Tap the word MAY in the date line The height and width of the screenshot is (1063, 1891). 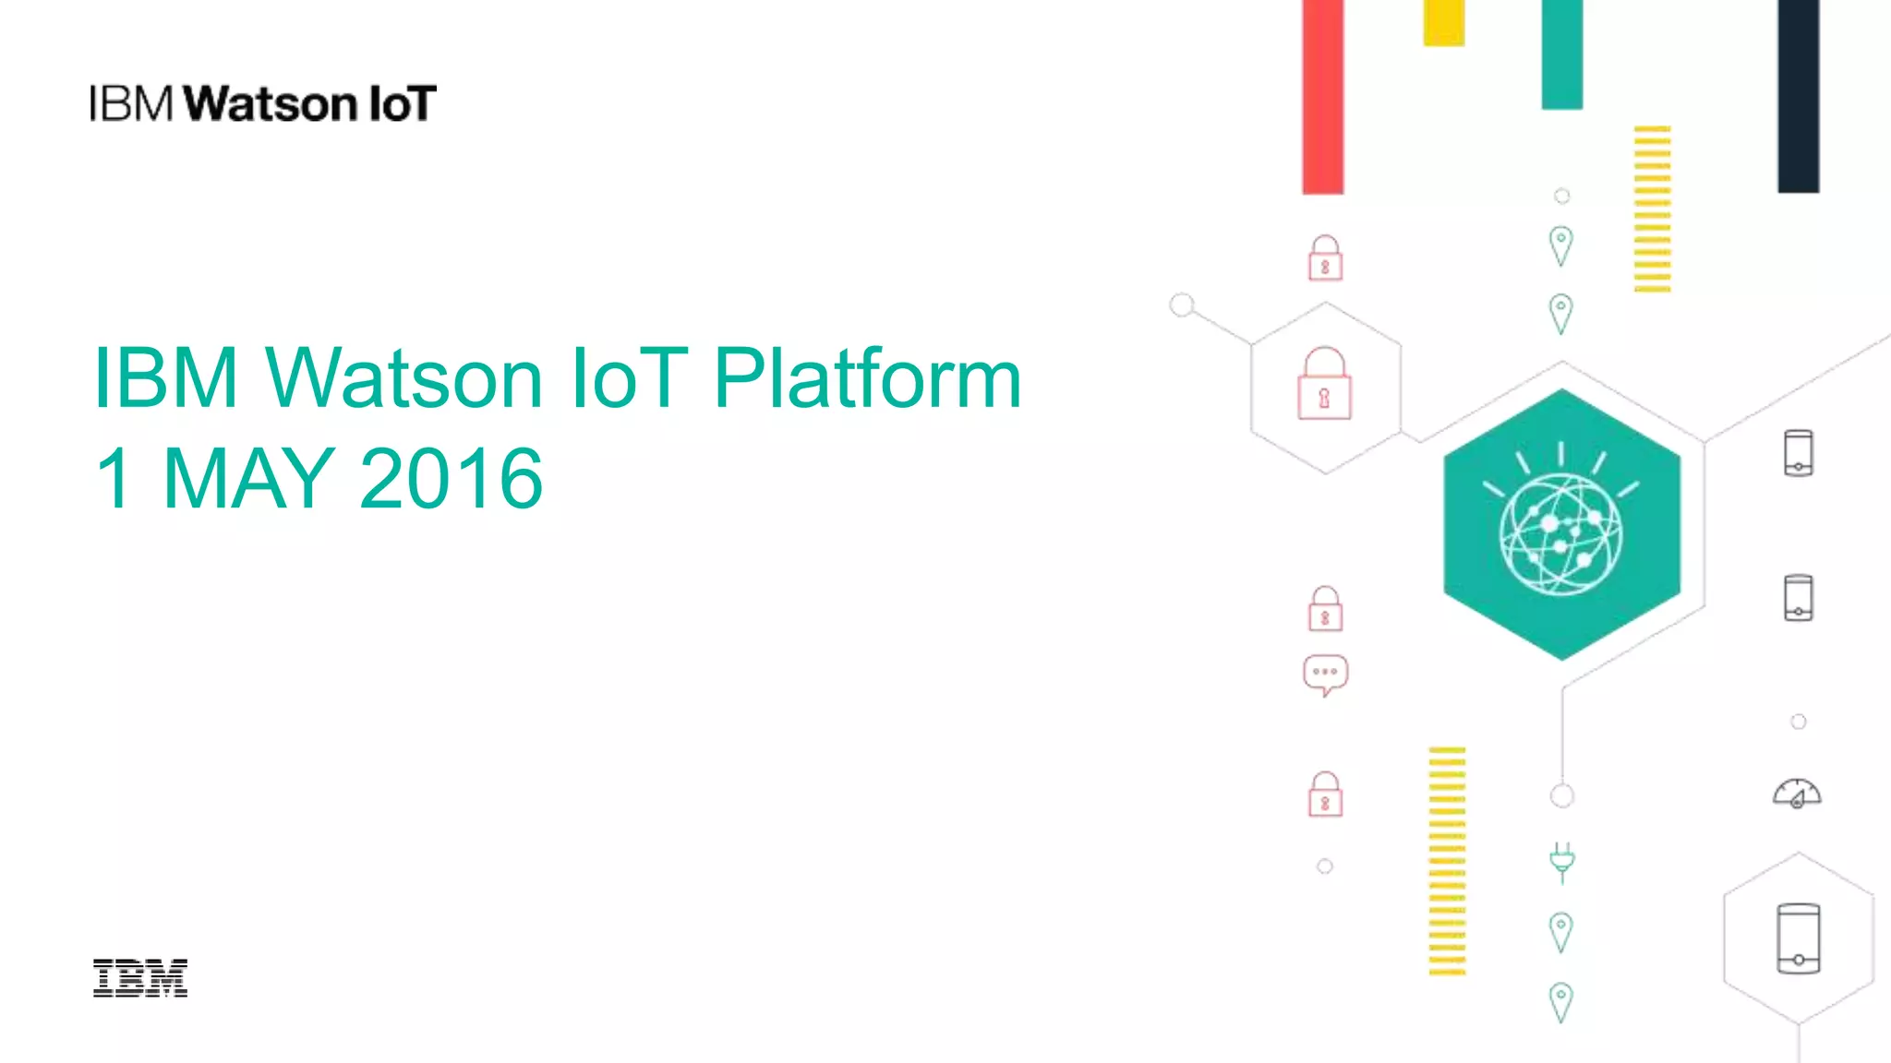pyautogui.click(x=247, y=478)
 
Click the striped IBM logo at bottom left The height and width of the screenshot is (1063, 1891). pyautogui.click(x=140, y=978)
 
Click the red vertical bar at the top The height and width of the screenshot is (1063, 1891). pyautogui.click(x=1322, y=97)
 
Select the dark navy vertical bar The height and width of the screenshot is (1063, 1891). pyautogui.click(x=1798, y=97)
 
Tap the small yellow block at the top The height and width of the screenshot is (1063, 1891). pyautogui.click(x=1443, y=23)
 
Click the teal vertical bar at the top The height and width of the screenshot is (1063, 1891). pyautogui.click(x=1561, y=55)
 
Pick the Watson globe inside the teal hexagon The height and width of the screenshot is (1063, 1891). pyautogui.click(x=1560, y=533)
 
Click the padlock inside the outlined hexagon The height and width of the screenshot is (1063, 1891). pyautogui.click(x=1324, y=384)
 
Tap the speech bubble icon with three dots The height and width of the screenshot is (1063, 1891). pyautogui.click(x=1325, y=675)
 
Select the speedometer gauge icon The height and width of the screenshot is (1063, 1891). pyautogui.click(x=1797, y=794)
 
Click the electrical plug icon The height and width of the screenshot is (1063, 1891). pyautogui.click(x=1561, y=862)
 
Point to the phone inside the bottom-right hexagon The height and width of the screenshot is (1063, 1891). pyautogui.click(x=1798, y=938)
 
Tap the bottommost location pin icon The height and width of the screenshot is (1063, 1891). pyautogui.click(x=1560, y=1002)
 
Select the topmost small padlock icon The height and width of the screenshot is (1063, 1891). pyautogui.click(x=1325, y=257)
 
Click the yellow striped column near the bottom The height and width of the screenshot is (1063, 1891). pyautogui.click(x=1446, y=860)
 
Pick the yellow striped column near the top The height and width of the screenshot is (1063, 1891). pyautogui.click(x=1652, y=209)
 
